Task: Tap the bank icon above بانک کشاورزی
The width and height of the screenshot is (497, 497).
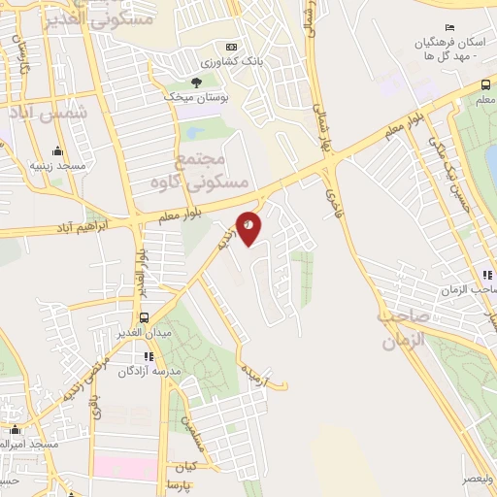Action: tap(231, 47)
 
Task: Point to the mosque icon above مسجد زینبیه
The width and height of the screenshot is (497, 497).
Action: tap(57, 151)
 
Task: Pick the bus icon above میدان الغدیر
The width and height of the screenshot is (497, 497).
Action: tap(144, 317)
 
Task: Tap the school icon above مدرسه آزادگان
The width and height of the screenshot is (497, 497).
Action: tap(148, 356)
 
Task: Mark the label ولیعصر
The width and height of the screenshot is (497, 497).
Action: tap(478, 478)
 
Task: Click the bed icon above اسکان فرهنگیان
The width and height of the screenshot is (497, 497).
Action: tap(447, 27)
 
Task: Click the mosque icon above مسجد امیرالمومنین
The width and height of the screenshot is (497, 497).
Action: tap(15, 428)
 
